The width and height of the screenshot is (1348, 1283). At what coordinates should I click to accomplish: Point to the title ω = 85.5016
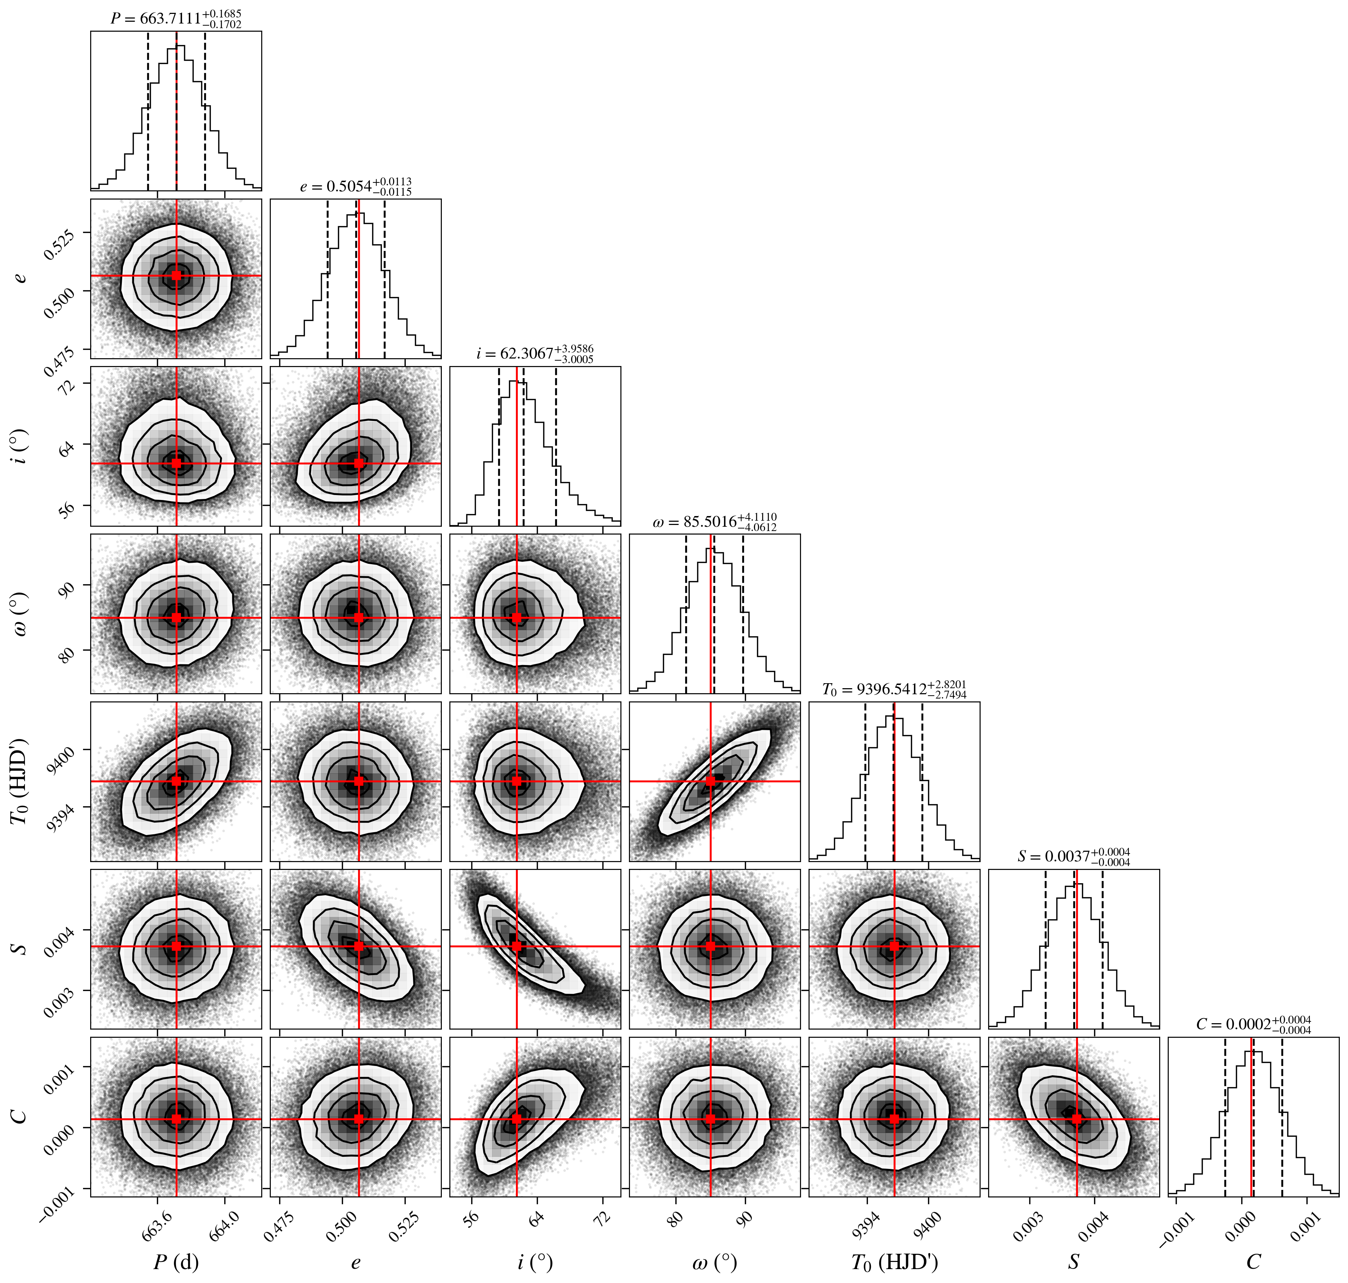click(715, 522)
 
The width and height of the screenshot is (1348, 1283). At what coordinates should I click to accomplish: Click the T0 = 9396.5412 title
click(894, 689)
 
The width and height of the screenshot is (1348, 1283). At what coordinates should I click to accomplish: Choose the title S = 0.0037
click(1074, 857)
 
